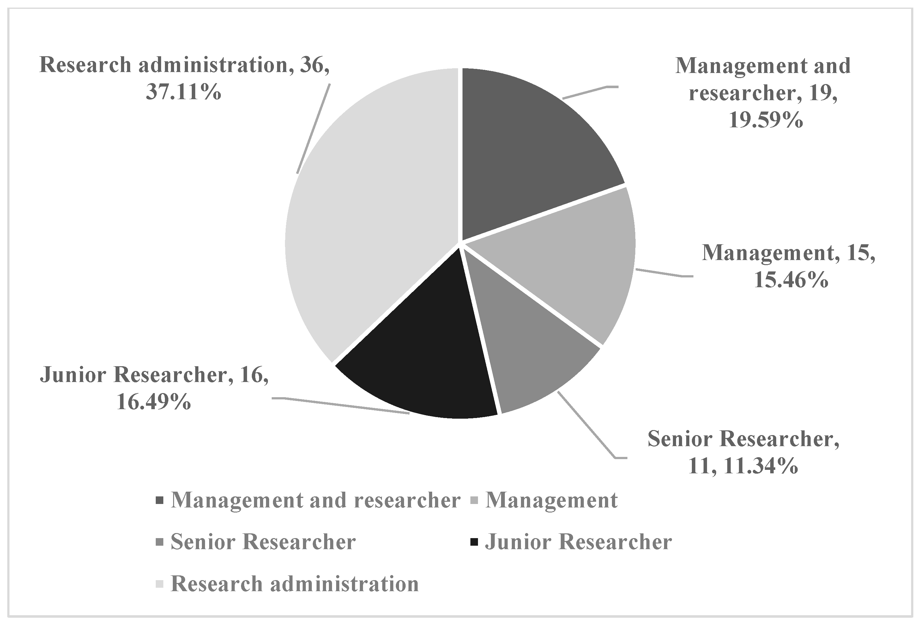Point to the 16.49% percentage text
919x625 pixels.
[154, 402]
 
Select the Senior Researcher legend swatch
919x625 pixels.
[160, 542]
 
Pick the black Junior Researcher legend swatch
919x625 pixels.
[475, 542]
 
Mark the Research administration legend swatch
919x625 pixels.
[160, 584]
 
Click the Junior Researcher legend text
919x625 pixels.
[578, 542]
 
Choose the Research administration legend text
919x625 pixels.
[295, 584]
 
